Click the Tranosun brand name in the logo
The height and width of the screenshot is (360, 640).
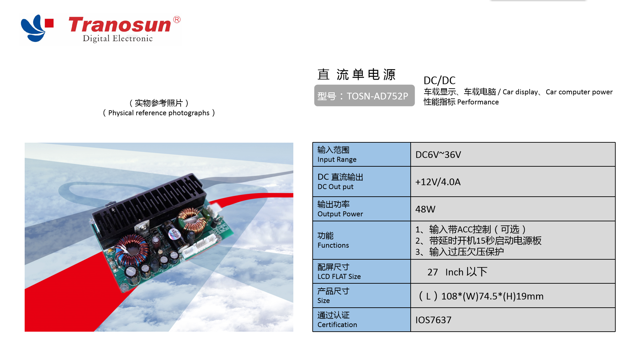[120, 25]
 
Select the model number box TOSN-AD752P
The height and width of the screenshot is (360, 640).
[364, 96]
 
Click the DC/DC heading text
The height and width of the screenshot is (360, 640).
[439, 80]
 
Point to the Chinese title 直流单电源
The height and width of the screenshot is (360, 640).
[356, 74]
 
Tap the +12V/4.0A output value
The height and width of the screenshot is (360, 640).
[438, 182]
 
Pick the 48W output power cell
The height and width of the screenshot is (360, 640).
[425, 209]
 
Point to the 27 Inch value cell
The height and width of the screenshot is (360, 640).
[457, 272]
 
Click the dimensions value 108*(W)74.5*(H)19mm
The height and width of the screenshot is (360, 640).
[481, 296]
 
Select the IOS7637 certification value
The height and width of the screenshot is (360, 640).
[433, 320]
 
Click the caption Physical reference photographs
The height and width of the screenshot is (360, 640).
[159, 113]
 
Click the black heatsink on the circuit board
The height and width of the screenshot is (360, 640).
[147, 203]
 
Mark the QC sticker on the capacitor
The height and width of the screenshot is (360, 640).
[174, 234]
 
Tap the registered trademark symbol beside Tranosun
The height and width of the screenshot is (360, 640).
[177, 20]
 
